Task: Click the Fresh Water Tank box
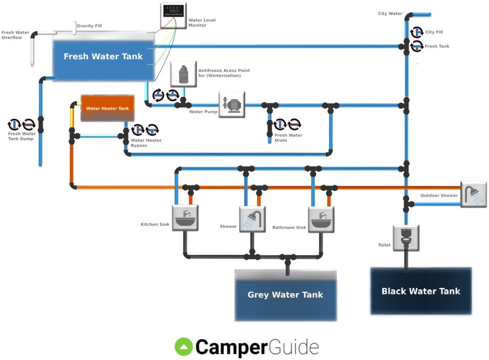click(104, 56)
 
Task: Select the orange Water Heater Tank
click(107, 108)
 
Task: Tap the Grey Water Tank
click(285, 295)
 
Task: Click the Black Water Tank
click(421, 291)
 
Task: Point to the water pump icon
click(232, 105)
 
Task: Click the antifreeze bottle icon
click(183, 74)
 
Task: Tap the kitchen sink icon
click(184, 218)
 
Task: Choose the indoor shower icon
click(252, 219)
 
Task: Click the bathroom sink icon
click(320, 219)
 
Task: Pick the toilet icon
click(406, 238)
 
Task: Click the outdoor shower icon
click(473, 194)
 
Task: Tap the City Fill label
click(434, 32)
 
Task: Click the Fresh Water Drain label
click(288, 138)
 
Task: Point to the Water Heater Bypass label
click(146, 143)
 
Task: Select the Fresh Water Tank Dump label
click(22, 136)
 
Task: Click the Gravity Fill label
click(89, 26)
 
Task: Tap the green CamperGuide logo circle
click(184, 347)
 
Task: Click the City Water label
click(390, 14)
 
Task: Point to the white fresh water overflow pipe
click(32, 50)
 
